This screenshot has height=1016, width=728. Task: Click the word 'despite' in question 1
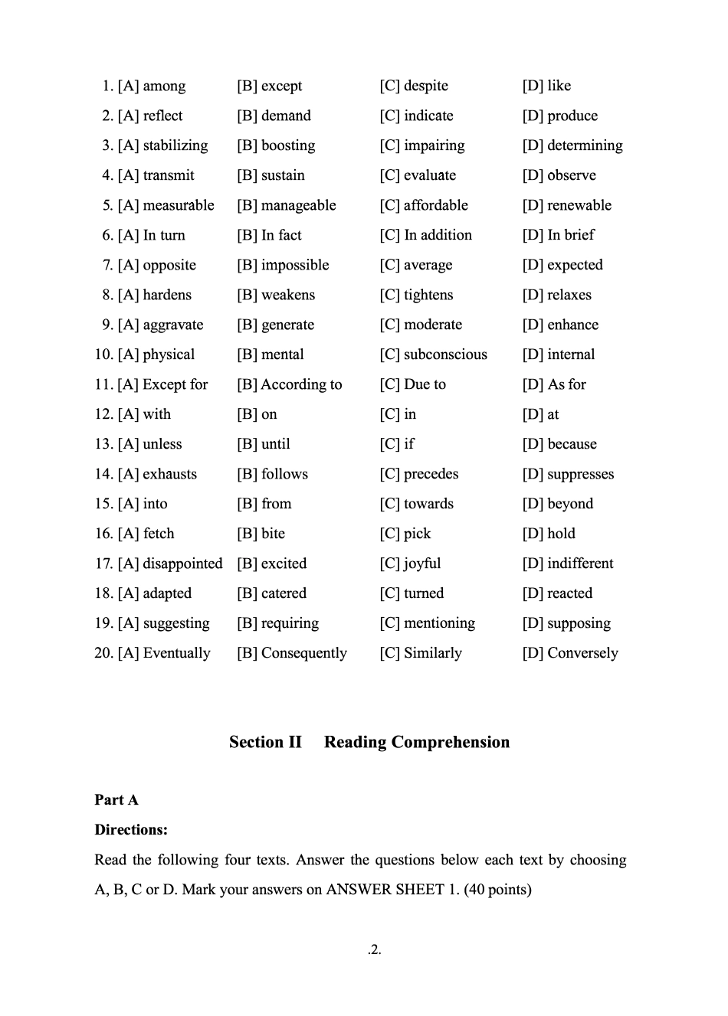(x=425, y=86)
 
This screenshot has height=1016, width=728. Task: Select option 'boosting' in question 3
(x=288, y=145)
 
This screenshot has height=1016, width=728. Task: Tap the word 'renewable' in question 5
(x=579, y=205)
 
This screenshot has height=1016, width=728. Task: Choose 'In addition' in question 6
(x=438, y=235)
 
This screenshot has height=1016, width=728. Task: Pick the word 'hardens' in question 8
(x=167, y=295)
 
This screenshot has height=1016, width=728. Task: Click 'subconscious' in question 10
(x=445, y=354)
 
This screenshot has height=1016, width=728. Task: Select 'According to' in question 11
(x=301, y=384)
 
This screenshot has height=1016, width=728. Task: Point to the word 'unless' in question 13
(x=162, y=444)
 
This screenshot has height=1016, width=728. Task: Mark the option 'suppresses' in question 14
(x=581, y=474)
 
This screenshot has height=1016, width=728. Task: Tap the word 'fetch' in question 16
(x=159, y=534)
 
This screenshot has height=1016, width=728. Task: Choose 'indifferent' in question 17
(x=580, y=564)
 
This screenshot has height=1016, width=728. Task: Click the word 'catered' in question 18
(x=284, y=593)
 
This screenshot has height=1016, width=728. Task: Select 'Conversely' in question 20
(x=582, y=653)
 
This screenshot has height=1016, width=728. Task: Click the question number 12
(x=103, y=414)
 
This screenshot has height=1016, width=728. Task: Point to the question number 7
(x=107, y=265)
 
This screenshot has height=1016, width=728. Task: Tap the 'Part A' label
(x=116, y=800)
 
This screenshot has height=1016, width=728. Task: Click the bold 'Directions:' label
(x=131, y=830)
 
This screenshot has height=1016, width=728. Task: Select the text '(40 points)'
(x=497, y=890)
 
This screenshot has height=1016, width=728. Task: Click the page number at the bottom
(x=374, y=950)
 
